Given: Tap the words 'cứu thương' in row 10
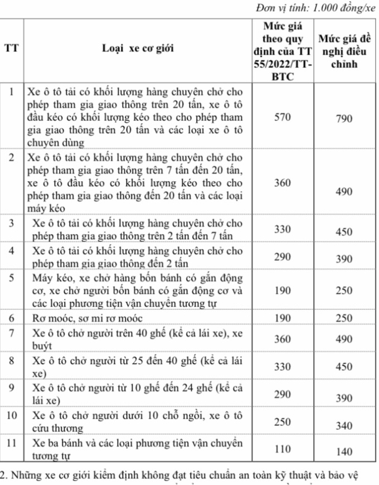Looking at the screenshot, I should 58,429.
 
